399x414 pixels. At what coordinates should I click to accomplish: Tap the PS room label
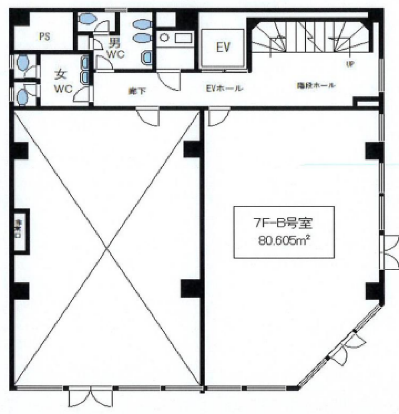click(45, 37)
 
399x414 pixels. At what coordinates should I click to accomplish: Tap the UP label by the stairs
click(350, 65)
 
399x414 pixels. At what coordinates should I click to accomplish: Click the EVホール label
click(224, 88)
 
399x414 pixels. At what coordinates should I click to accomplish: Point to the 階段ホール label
click(315, 85)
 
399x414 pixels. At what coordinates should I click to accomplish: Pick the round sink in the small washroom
click(164, 38)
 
